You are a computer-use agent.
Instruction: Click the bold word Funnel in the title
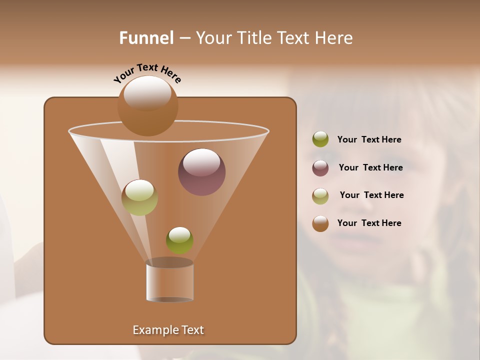click(x=146, y=38)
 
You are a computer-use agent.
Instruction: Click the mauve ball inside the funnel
click(x=201, y=172)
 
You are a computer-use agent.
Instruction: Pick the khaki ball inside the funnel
click(x=139, y=197)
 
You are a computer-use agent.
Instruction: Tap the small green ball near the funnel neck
click(x=179, y=240)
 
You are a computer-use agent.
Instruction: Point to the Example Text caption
click(x=168, y=330)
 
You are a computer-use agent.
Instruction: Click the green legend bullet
click(x=320, y=139)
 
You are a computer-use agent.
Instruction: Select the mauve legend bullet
click(x=320, y=167)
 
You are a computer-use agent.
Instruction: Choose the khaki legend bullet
click(x=320, y=195)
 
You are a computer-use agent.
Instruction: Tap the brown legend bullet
click(x=320, y=223)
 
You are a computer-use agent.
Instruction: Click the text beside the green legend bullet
click(x=369, y=140)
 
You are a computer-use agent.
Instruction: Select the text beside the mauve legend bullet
click(x=370, y=167)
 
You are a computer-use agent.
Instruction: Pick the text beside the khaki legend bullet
click(x=371, y=195)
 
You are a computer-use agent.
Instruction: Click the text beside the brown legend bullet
click(x=369, y=223)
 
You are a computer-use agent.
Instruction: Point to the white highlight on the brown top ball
click(x=147, y=93)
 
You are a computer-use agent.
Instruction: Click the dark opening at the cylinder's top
click(x=169, y=262)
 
